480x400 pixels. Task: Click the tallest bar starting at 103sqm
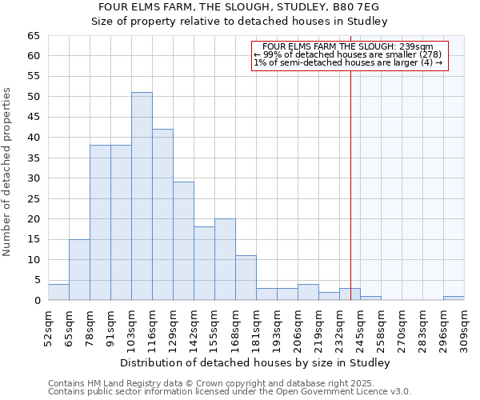pyautogui.click(x=142, y=196)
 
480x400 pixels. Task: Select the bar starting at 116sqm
pyautogui.click(x=162, y=214)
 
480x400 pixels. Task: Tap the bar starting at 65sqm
pyautogui.click(x=79, y=270)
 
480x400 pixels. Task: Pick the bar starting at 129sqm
pyautogui.click(x=183, y=241)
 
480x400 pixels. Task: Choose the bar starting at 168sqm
pyautogui.click(x=246, y=278)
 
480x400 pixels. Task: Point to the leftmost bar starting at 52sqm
pyautogui.click(x=58, y=292)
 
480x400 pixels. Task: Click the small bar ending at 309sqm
pyautogui.click(x=454, y=298)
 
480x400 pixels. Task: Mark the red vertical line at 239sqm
pyautogui.click(x=350, y=176)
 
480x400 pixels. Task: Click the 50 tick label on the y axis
pyautogui.click(x=33, y=97)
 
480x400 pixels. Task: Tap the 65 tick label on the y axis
pyautogui.click(x=33, y=36)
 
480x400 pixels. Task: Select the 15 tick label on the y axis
pyautogui.click(x=33, y=239)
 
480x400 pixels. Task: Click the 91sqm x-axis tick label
pyautogui.click(x=110, y=327)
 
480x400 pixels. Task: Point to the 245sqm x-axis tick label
pyautogui.click(x=360, y=327)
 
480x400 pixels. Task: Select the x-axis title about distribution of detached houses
pyautogui.click(x=256, y=363)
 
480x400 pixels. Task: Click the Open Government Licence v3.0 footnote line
pyautogui.click(x=230, y=392)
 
